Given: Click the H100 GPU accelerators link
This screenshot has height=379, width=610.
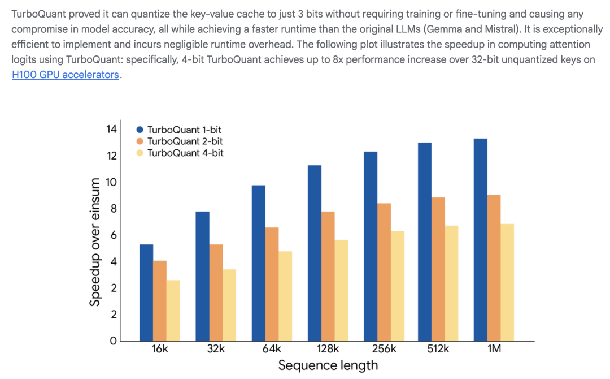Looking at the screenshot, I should pos(66,75).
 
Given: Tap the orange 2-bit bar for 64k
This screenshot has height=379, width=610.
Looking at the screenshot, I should pos(272,284).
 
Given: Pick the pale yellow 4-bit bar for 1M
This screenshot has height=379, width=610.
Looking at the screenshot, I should pos(507,282).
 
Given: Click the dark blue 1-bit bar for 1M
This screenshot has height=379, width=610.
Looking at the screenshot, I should pos(480,239).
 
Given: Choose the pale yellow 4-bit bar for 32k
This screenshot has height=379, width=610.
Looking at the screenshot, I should pos(229,305).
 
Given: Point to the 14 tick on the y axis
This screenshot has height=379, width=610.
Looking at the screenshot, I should pos(111,130).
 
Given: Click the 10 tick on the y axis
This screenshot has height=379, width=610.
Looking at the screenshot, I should pos(111,182).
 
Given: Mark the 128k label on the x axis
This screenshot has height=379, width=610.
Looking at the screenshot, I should pos(328,349).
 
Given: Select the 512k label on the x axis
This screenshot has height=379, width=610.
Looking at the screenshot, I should pos(438,349).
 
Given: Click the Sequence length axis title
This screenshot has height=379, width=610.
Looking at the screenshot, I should pos(328,365).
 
